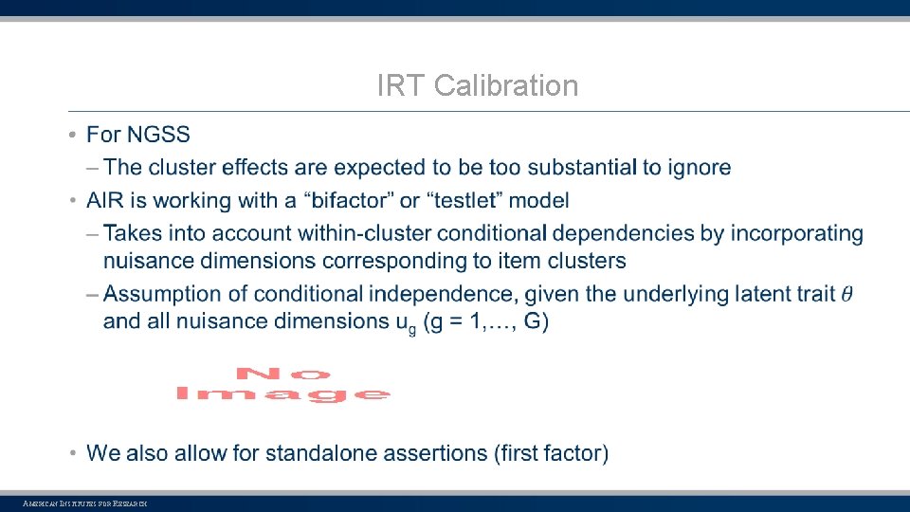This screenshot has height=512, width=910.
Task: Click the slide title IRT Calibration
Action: (477, 86)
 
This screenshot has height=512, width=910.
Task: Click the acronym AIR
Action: (106, 200)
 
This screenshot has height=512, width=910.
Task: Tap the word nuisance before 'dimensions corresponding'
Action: (148, 261)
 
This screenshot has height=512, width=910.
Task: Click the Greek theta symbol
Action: (846, 294)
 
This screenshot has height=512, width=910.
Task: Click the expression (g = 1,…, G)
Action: (487, 321)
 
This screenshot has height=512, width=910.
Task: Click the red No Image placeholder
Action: (283, 384)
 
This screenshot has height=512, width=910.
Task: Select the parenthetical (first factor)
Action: (551, 453)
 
